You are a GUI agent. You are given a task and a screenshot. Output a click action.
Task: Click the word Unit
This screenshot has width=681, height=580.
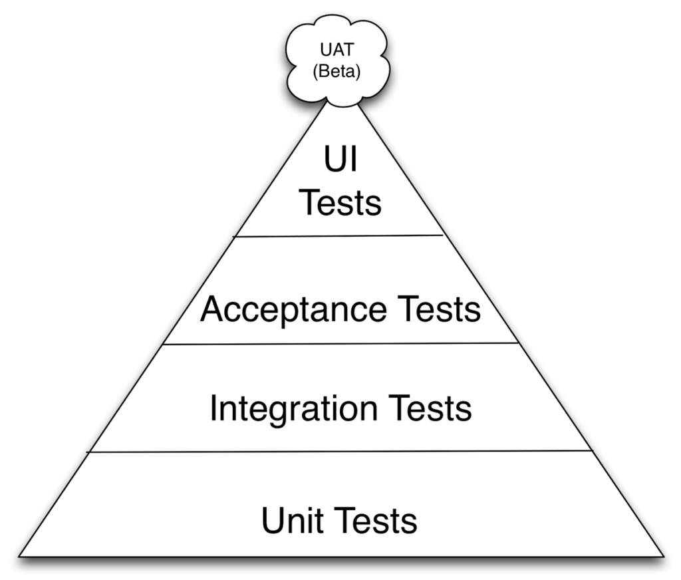tap(293, 520)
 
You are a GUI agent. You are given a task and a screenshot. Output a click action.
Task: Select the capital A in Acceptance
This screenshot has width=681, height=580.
tap(213, 309)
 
